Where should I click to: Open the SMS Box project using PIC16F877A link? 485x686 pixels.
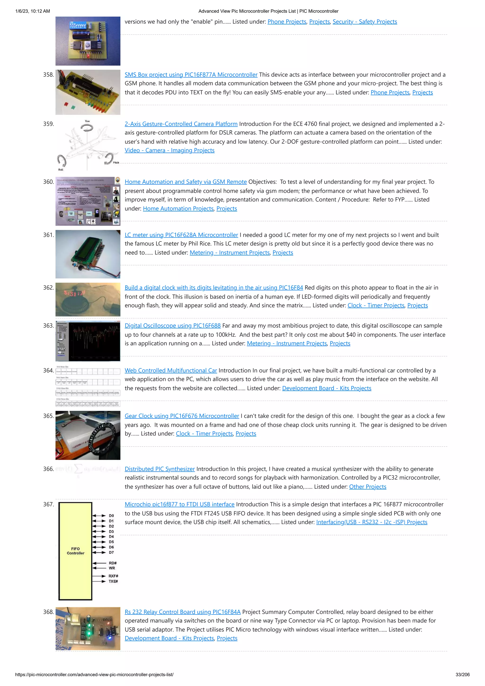point(191,75)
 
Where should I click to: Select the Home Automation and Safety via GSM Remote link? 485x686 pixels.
point(186,182)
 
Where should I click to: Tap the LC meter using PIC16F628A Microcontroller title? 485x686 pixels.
point(181,235)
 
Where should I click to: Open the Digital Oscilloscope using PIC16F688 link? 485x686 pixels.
point(172,326)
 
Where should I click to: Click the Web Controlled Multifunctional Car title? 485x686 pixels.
point(171,371)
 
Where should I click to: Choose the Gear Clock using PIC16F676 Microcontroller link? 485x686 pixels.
point(182,416)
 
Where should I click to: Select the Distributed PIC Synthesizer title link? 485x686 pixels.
point(160,469)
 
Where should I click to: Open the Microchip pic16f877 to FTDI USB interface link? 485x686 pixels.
point(179,504)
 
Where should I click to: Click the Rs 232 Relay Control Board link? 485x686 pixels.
point(182,612)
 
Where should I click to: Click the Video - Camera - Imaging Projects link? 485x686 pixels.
point(169,150)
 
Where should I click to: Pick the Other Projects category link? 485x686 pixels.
point(367,487)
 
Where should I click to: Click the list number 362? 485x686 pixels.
point(48,288)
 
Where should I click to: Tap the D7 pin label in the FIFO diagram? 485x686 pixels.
point(111,552)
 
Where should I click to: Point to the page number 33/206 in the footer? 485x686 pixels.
point(462,675)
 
